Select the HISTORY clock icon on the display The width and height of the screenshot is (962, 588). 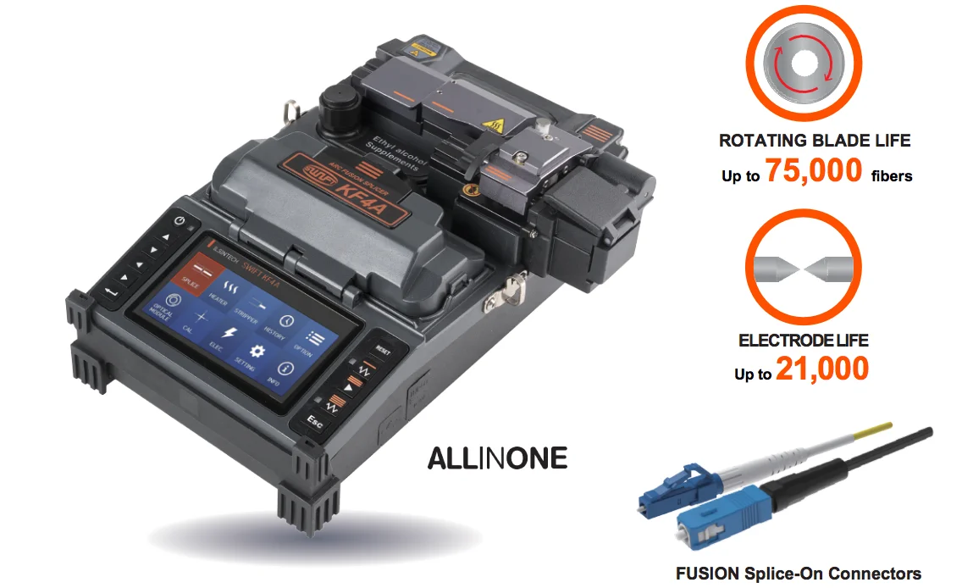pyautogui.click(x=286, y=323)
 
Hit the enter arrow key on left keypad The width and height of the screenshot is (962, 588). pyautogui.click(x=110, y=292)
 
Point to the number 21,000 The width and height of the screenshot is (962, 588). pyautogui.click(x=821, y=369)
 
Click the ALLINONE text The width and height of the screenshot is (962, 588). pyautogui.click(x=497, y=458)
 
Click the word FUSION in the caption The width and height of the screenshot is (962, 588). pyautogui.click(x=705, y=574)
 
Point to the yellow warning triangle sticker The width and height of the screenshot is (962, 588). pyautogui.click(x=489, y=127)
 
